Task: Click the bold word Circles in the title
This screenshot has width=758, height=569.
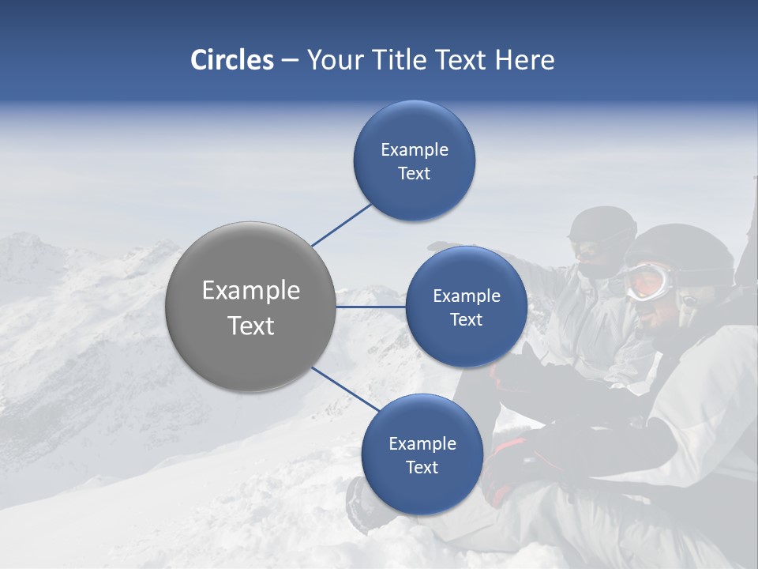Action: (231, 60)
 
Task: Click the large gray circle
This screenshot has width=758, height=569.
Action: (250, 307)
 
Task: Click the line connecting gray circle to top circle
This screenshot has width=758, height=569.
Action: (342, 224)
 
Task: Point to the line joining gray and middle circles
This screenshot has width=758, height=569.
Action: (370, 307)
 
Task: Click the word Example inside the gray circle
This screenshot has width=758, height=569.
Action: (250, 290)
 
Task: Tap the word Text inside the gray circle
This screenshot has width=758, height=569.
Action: (250, 326)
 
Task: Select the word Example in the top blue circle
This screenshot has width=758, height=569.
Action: (414, 149)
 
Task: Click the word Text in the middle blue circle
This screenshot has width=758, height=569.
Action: (466, 320)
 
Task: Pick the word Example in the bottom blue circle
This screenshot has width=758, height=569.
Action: (422, 443)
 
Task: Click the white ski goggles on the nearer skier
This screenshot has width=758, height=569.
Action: (650, 281)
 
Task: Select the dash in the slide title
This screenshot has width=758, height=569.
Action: (290, 61)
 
